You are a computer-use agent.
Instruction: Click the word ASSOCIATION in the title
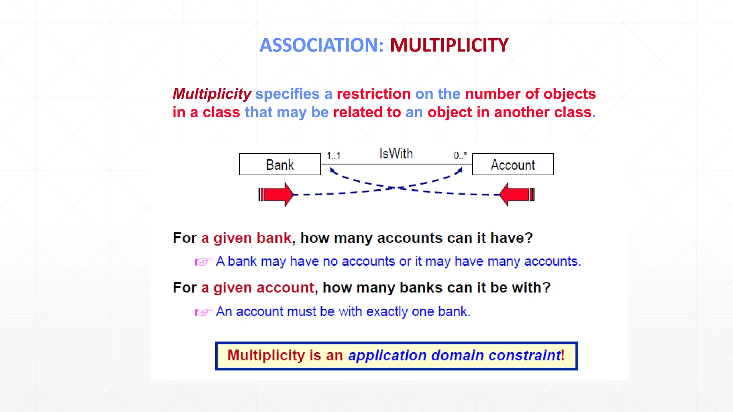[x=321, y=45]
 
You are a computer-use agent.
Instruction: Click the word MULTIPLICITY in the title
[x=449, y=45]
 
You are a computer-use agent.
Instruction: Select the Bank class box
[x=280, y=165]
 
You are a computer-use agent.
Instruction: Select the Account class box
[x=513, y=165]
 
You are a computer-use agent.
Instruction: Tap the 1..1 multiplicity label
[x=333, y=156]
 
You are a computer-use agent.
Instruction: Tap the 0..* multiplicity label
[x=460, y=156]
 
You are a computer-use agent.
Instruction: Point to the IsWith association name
[x=396, y=154]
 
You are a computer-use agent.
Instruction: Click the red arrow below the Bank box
[x=276, y=195]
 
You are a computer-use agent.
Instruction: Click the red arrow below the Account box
[x=516, y=195]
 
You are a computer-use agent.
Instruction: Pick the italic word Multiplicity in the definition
[x=212, y=94]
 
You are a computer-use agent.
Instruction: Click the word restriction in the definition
[x=373, y=94]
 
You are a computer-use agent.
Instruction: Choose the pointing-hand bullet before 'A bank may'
[x=203, y=262]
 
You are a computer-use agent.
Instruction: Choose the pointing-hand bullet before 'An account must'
[x=203, y=312]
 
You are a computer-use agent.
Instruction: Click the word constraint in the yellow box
[x=525, y=355]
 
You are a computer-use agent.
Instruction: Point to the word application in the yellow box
[x=387, y=356]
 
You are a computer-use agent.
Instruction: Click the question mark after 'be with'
[x=546, y=288]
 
